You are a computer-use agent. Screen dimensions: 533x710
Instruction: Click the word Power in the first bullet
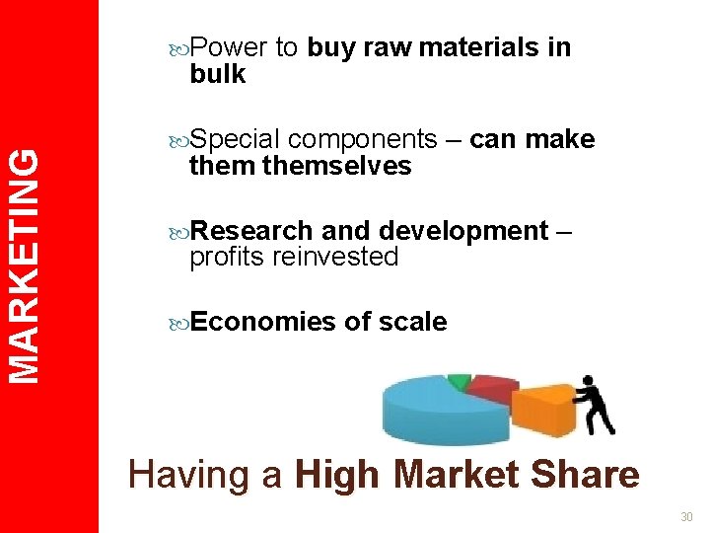[x=229, y=47]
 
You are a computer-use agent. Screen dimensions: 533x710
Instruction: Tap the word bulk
[x=218, y=74]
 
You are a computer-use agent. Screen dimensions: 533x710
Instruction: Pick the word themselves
[x=337, y=166]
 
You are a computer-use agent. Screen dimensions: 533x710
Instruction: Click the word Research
[x=251, y=231]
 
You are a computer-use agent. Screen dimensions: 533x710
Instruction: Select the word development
[x=463, y=231]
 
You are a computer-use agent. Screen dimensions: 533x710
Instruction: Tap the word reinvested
[x=336, y=258]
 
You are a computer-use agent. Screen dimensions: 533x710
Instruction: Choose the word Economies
[x=261, y=322]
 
